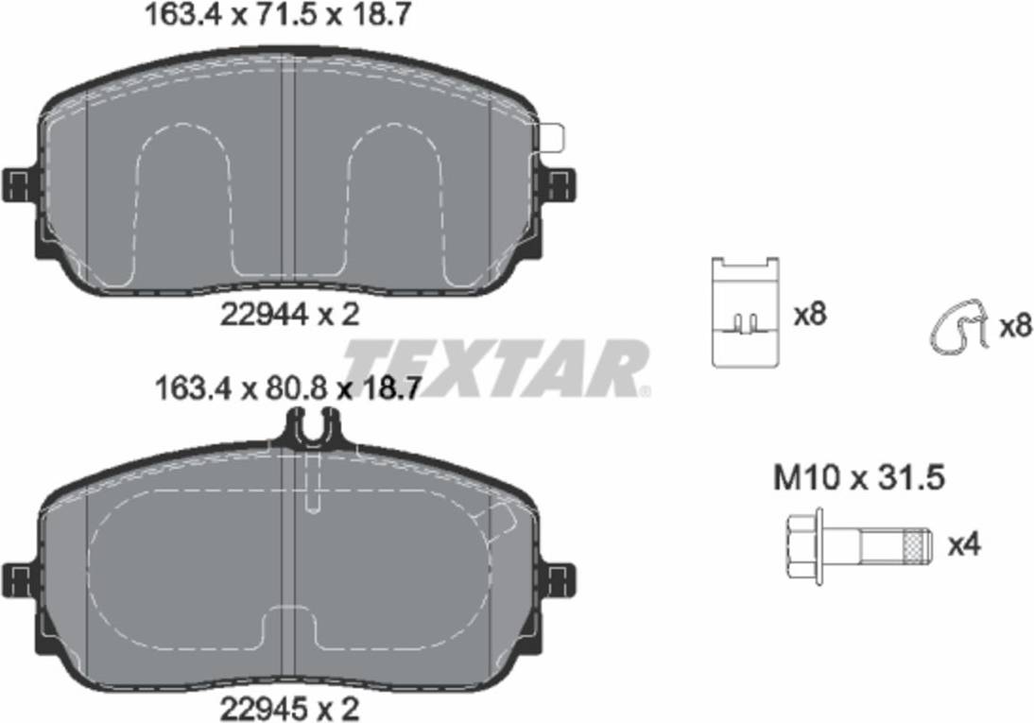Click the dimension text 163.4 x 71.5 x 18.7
(277, 14)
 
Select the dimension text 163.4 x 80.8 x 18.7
(286, 388)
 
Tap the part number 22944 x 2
(289, 315)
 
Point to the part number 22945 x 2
(289, 709)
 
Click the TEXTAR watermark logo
(496, 368)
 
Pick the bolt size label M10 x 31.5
(859, 477)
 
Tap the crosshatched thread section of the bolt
(913, 547)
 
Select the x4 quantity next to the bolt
(964, 545)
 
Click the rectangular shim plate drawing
(746, 311)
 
